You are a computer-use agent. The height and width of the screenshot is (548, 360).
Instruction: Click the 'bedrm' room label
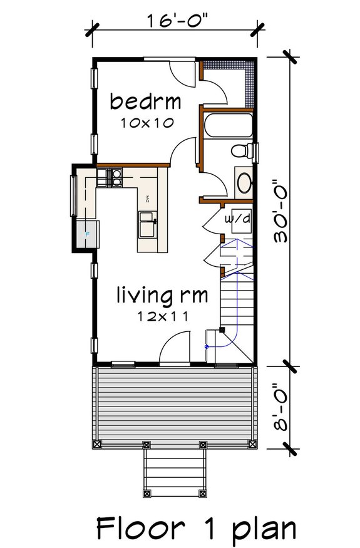(x=145, y=101)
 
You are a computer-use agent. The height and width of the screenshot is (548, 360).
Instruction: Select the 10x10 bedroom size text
(x=146, y=123)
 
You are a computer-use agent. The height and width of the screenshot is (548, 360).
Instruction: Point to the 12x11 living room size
(x=163, y=317)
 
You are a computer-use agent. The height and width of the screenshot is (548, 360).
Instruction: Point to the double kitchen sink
(x=148, y=225)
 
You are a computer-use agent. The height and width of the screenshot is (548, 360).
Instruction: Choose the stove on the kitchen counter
(x=113, y=179)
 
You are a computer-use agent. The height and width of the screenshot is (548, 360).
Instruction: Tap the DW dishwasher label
(x=148, y=200)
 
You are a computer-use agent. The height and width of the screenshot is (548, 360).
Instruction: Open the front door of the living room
(x=175, y=348)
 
